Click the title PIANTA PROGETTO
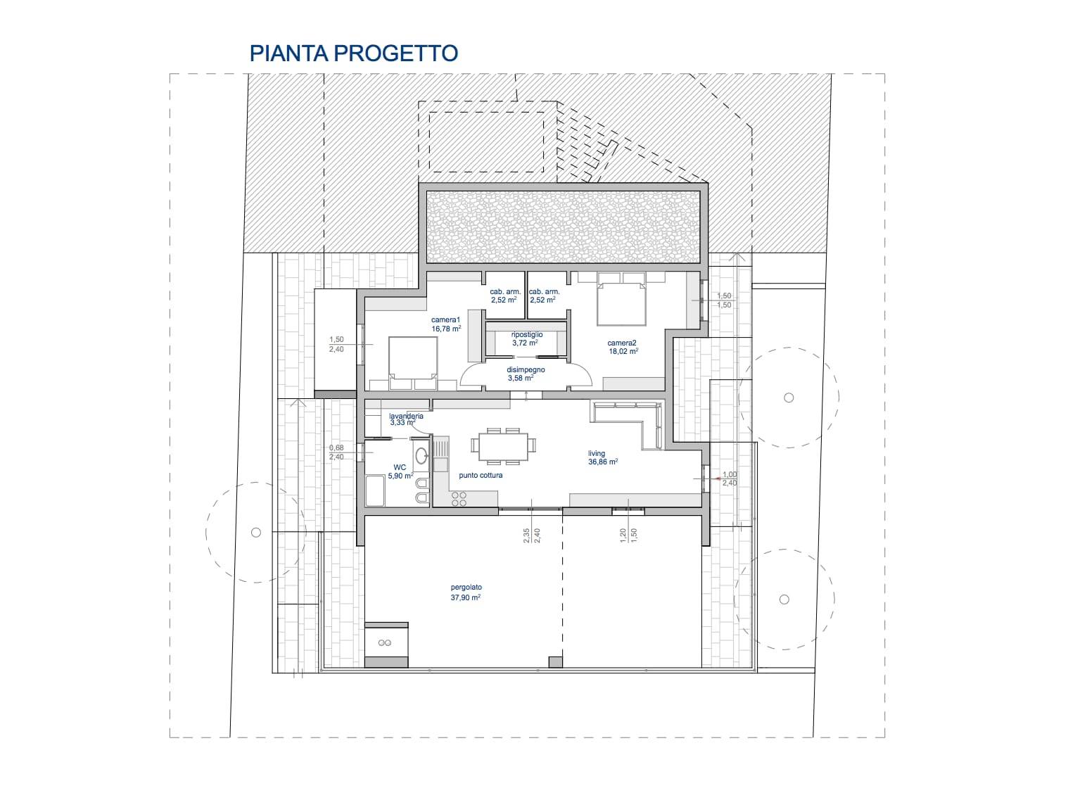pyautogui.click(x=354, y=53)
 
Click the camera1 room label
pyautogui.click(x=445, y=319)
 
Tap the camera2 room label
pyautogui.click(x=622, y=343)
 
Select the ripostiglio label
pyautogui.click(x=526, y=335)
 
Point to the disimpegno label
pyautogui.click(x=526, y=369)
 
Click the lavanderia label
pyautogui.click(x=406, y=416)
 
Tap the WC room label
pyautogui.click(x=400, y=467)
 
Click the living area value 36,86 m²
pyautogui.click(x=603, y=462)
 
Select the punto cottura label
pyautogui.click(x=481, y=475)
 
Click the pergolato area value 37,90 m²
pyautogui.click(x=466, y=597)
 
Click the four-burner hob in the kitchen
pyautogui.click(x=459, y=499)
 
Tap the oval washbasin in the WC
pyautogui.click(x=421, y=455)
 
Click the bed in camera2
pyautogui.click(x=621, y=300)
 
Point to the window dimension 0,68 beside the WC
pyautogui.click(x=336, y=448)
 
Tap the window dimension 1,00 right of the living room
pyautogui.click(x=729, y=474)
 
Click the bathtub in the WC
pyautogui.click(x=376, y=490)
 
